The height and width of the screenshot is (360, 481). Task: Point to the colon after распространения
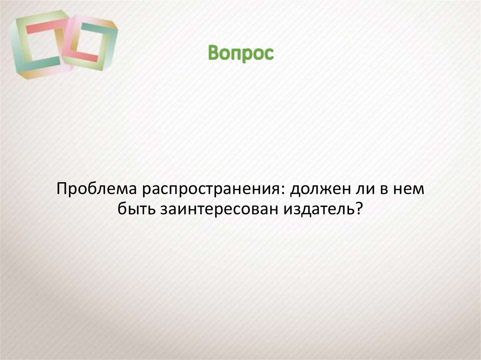(284, 191)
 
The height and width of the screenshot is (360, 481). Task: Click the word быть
(138, 210)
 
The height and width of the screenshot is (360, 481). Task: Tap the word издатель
(319, 210)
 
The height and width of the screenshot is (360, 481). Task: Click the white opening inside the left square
(42, 45)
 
